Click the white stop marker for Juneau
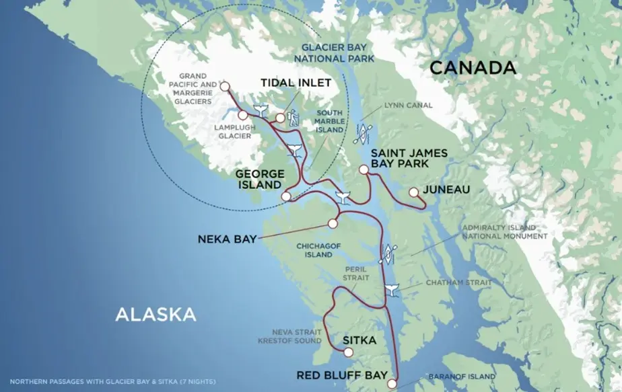click(413, 192)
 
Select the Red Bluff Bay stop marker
click(393, 384)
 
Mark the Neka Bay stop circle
click(333, 224)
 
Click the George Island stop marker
click(286, 196)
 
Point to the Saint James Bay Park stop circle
click(364, 171)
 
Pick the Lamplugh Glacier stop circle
click(242, 116)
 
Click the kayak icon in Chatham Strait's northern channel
click(388, 255)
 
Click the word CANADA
click(473, 67)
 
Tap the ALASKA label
click(155, 314)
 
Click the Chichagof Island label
click(314, 250)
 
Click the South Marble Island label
click(329, 121)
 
